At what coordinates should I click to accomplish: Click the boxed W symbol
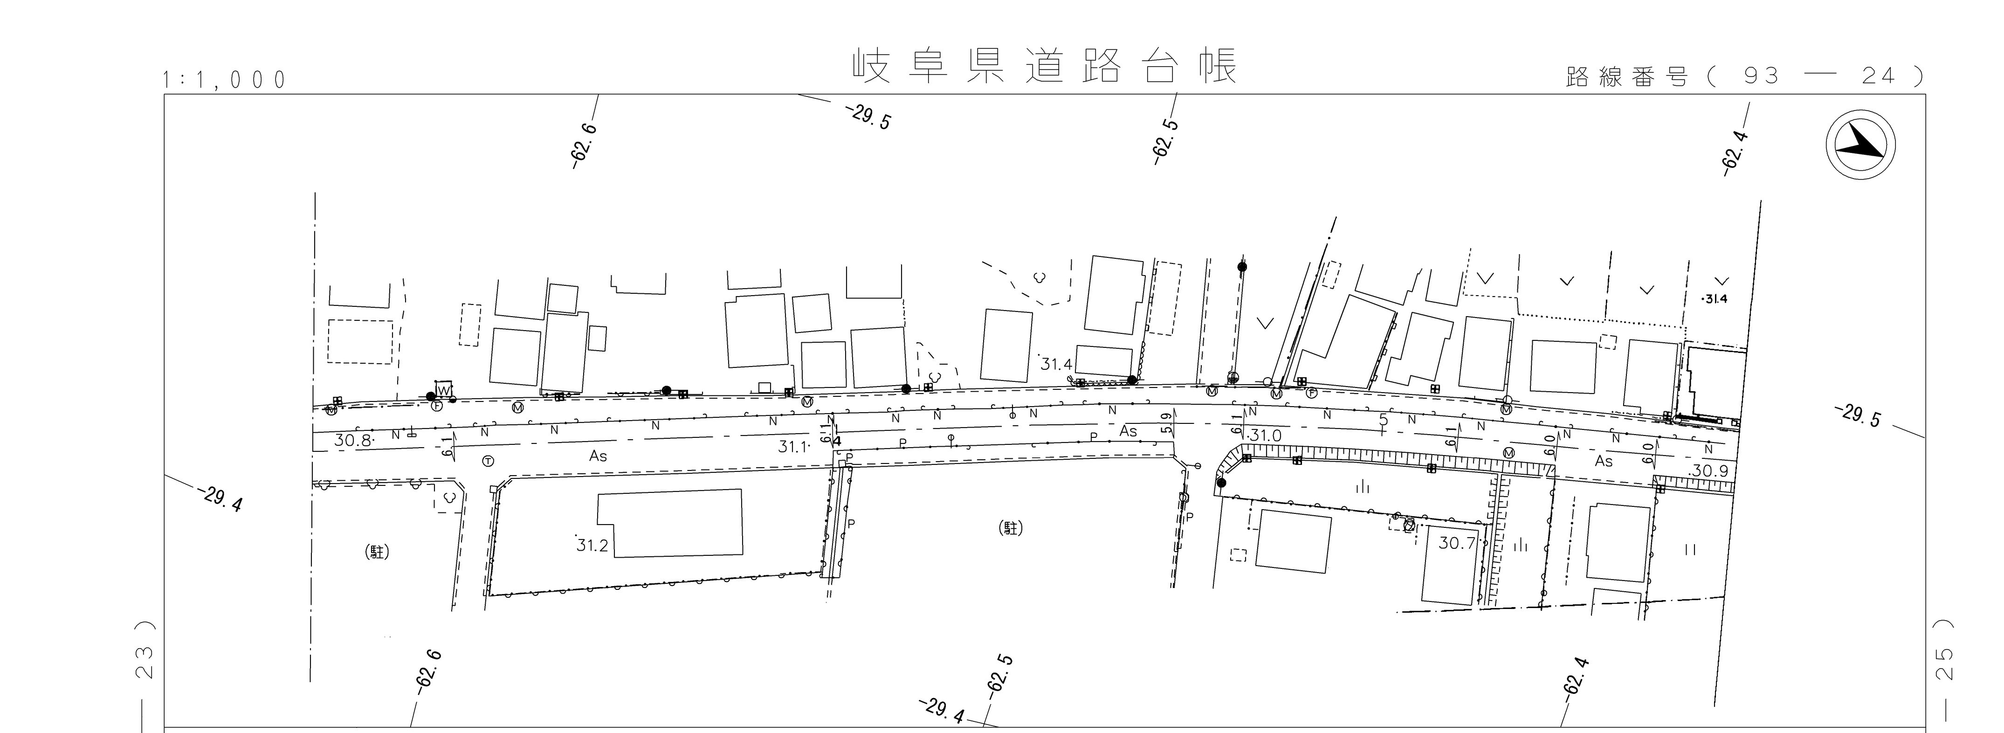[443, 389]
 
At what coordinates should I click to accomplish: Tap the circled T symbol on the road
[488, 461]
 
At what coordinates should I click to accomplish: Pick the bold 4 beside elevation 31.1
[837, 441]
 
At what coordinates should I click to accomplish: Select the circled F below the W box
[436, 405]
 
